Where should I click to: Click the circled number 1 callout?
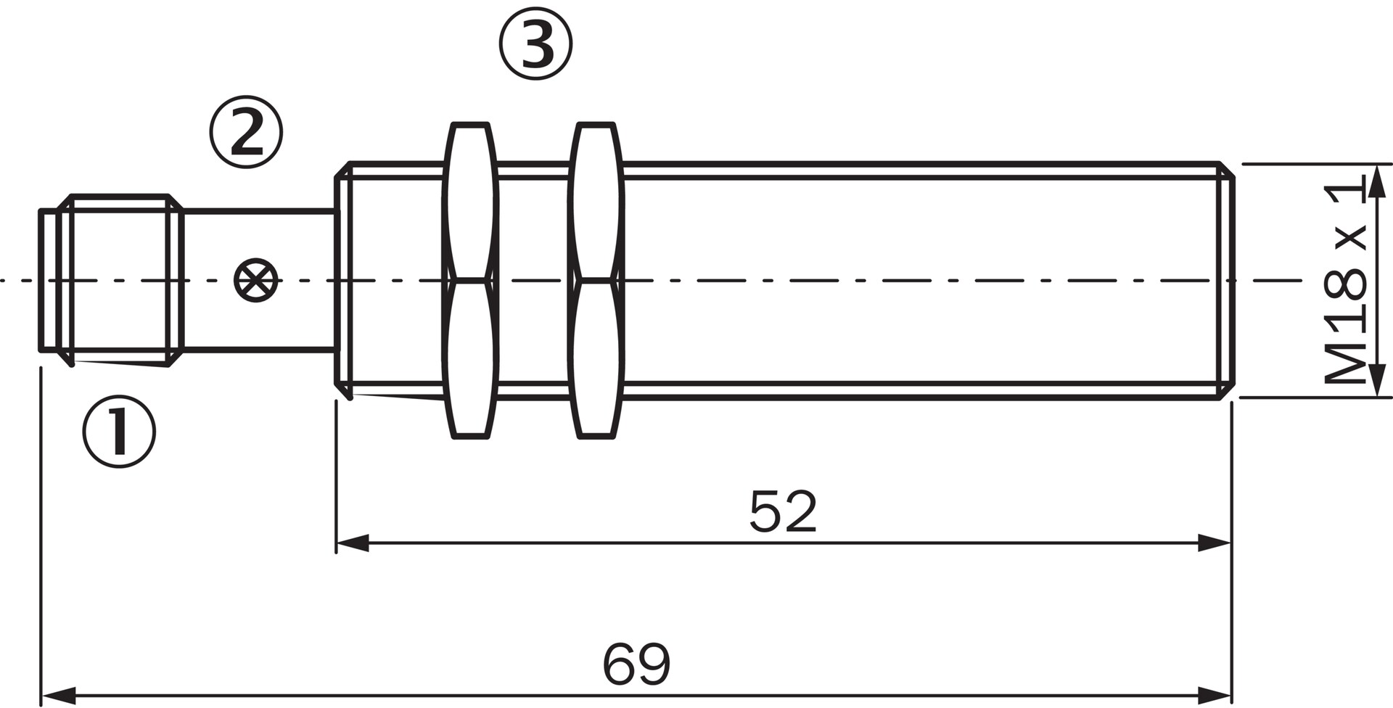(x=119, y=432)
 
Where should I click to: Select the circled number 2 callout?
(x=247, y=132)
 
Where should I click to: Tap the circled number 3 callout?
(x=535, y=44)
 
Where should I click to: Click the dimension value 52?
(x=783, y=511)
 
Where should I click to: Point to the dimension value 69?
(x=636, y=664)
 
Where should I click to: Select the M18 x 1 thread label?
(x=1346, y=283)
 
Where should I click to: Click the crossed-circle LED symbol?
(x=256, y=280)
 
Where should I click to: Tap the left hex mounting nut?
(x=471, y=280)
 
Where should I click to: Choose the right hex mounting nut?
(x=596, y=280)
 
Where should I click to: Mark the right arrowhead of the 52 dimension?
(x=1215, y=543)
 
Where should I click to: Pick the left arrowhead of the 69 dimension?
(x=58, y=696)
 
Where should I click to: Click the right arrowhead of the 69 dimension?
(x=1215, y=696)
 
